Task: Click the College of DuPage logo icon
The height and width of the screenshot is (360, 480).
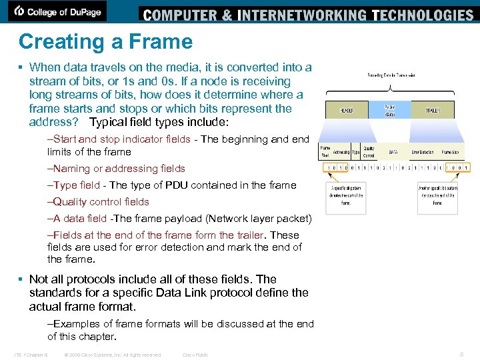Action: pos(20,11)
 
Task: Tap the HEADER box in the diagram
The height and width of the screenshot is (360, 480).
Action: pos(347,110)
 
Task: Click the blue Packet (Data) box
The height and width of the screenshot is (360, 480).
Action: pos(389,109)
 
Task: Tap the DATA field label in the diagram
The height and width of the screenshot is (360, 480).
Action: pos(393,152)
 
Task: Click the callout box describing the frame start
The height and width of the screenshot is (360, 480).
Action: pos(347,197)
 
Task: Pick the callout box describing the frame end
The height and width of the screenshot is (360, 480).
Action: pos(437,197)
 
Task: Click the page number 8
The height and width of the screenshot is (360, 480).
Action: pos(462,355)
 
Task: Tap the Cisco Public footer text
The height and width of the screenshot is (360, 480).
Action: pos(195,355)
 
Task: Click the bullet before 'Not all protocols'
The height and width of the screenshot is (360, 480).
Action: pos(21,280)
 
